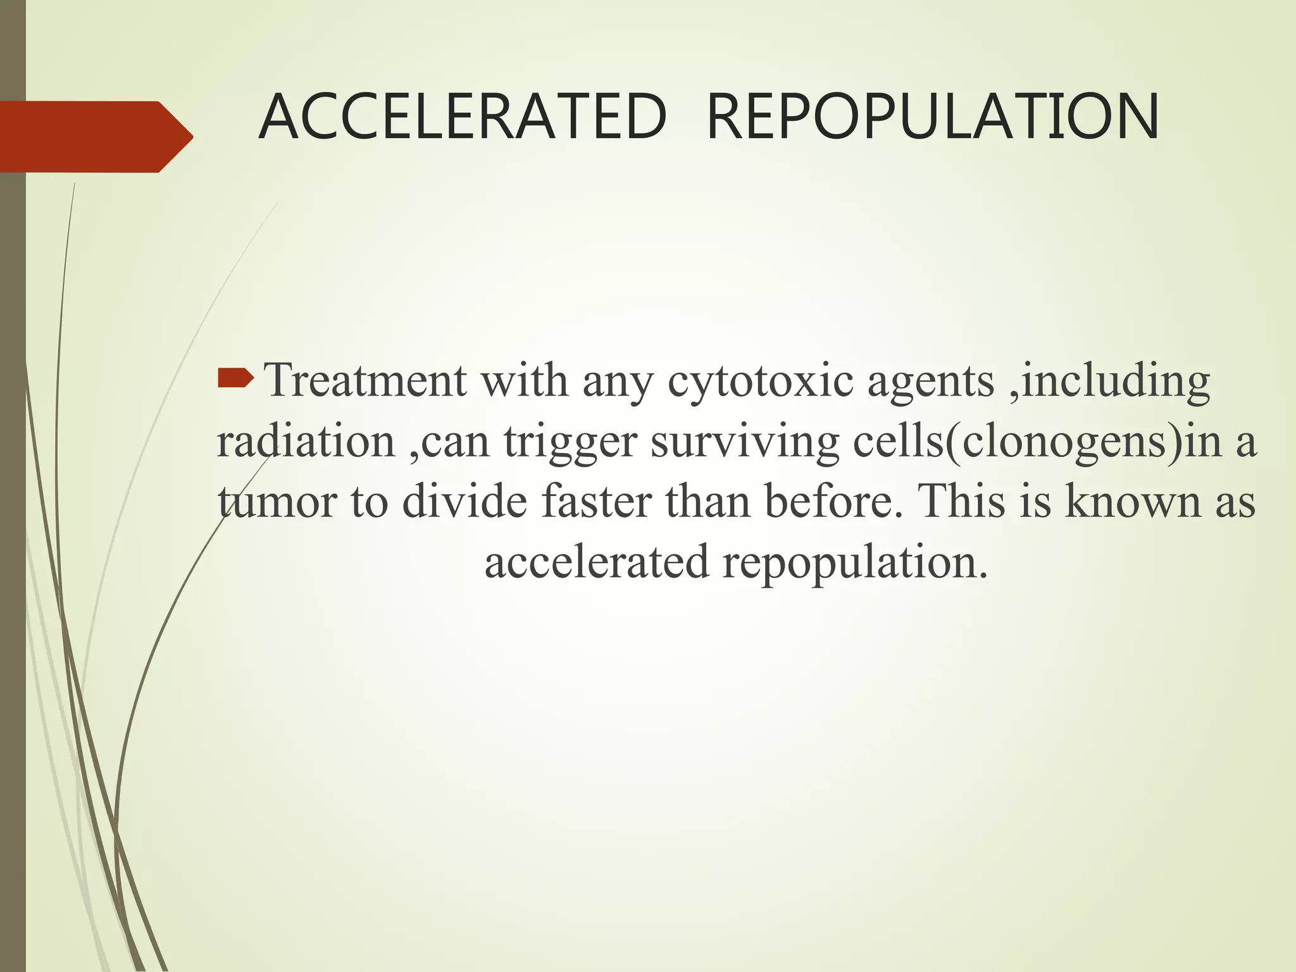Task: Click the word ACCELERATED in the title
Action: click(463, 118)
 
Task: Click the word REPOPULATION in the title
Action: click(932, 118)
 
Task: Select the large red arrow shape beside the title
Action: click(95, 137)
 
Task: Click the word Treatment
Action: click(365, 381)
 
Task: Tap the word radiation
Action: click(306, 441)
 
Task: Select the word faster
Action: click(595, 501)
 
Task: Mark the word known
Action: click(1133, 501)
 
